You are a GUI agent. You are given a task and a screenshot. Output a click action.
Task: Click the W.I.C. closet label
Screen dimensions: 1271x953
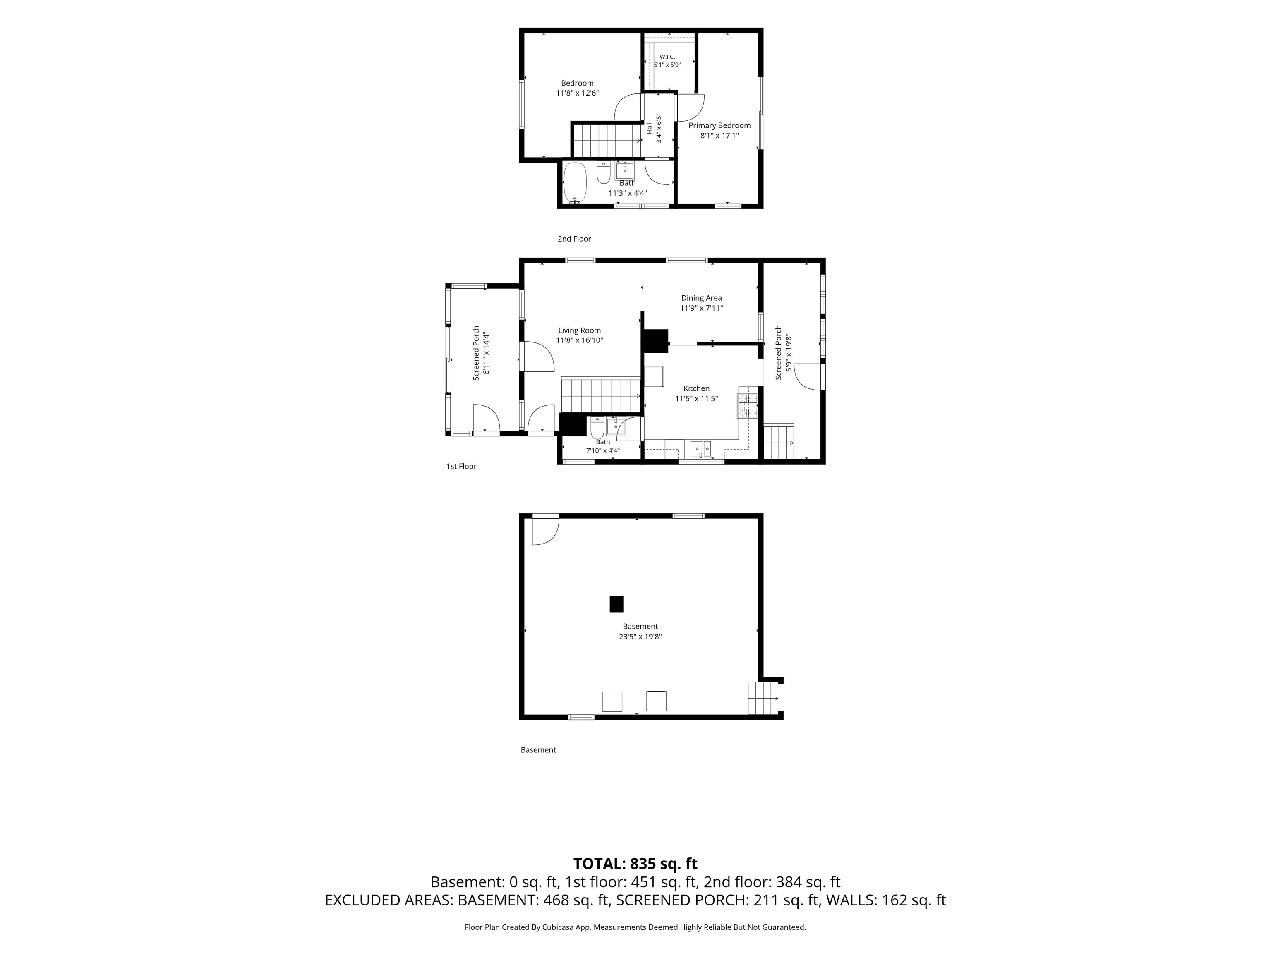(667, 57)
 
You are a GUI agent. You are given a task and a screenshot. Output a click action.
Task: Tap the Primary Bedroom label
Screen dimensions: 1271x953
(719, 126)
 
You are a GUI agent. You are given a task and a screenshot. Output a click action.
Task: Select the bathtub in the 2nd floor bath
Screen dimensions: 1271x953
(575, 183)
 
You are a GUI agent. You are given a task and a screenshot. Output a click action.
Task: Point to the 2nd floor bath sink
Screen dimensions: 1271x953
(625, 171)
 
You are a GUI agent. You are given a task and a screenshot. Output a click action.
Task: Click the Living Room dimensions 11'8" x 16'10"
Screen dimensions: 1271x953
(579, 340)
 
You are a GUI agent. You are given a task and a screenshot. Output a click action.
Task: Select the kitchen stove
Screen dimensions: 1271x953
(748, 405)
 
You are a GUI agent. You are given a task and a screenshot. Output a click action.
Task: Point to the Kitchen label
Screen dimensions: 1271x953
(696, 389)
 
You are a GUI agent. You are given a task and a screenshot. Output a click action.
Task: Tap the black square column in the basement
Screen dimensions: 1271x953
(616, 604)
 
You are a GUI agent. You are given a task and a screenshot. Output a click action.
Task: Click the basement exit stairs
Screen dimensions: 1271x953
(763, 698)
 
